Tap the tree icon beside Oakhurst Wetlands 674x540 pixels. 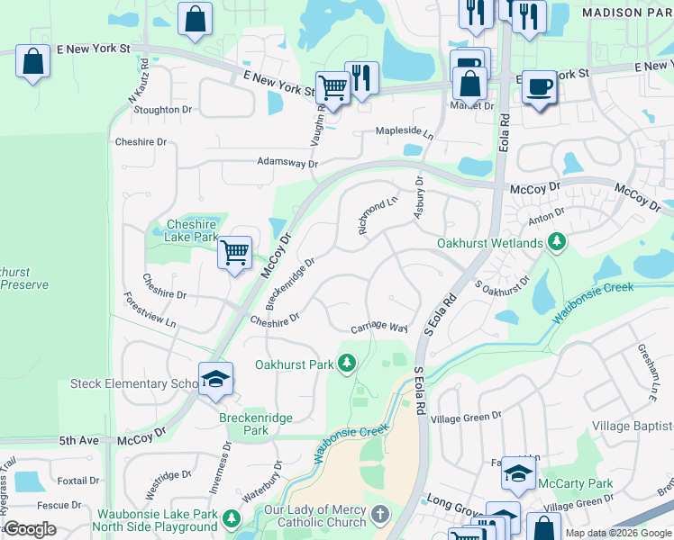coord(557,242)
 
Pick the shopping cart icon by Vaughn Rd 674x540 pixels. coord(332,88)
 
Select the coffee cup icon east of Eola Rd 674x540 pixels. coord(539,87)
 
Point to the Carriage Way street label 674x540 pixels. coord(379,328)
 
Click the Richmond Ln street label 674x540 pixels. coord(378,216)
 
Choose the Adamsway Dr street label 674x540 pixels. coord(287,164)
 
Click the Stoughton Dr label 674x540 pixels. coord(163,110)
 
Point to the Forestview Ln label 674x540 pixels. coord(150,309)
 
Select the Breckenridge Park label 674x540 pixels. coord(244,424)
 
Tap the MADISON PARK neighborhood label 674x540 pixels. coord(626,13)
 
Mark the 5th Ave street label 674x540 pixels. coord(78,441)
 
